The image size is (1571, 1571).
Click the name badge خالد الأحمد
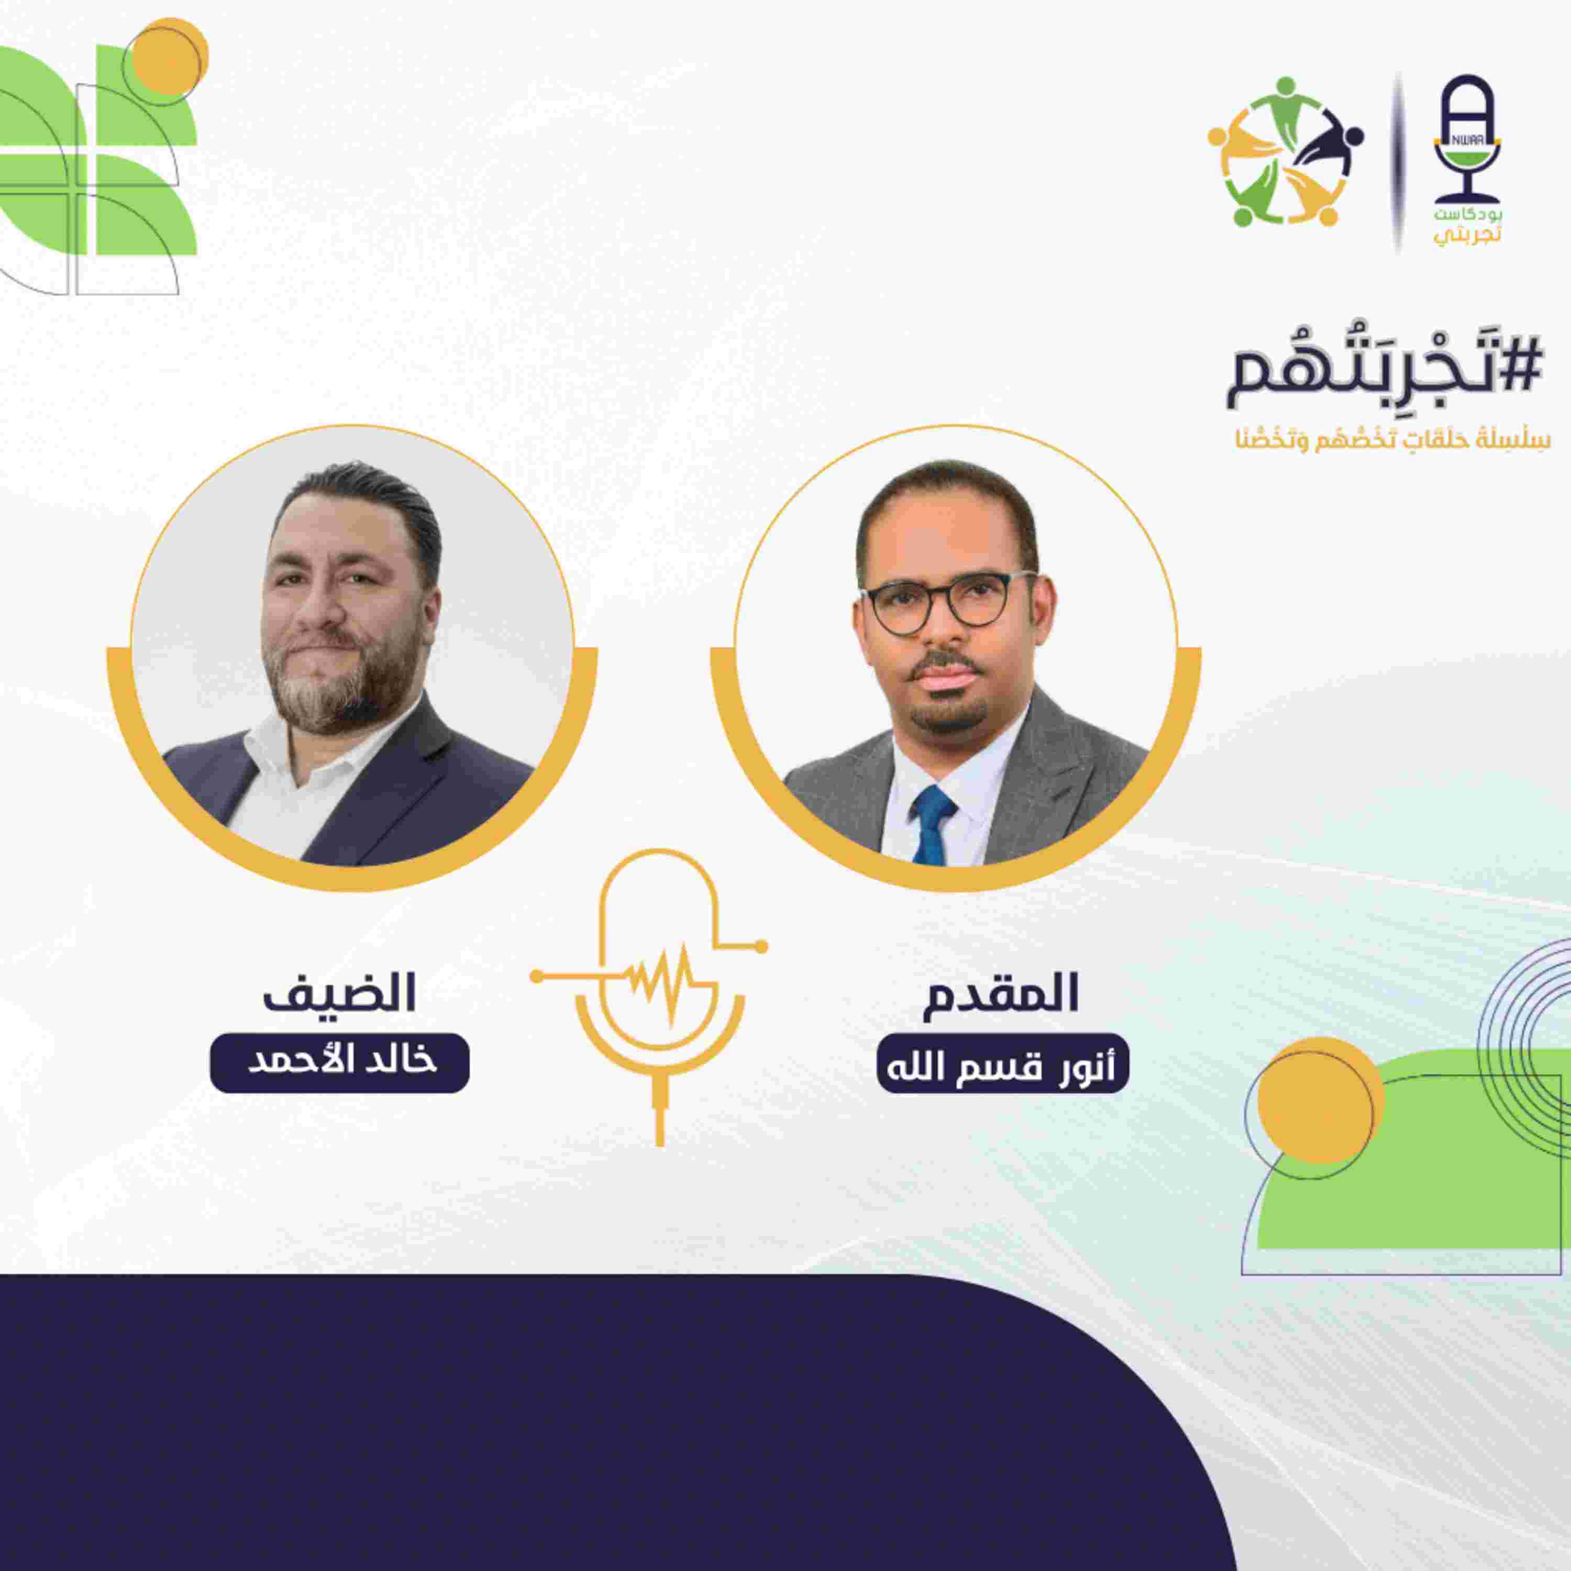(340, 1063)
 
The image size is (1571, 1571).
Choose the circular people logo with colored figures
(1285, 152)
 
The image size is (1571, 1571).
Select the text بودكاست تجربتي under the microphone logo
(1466, 225)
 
